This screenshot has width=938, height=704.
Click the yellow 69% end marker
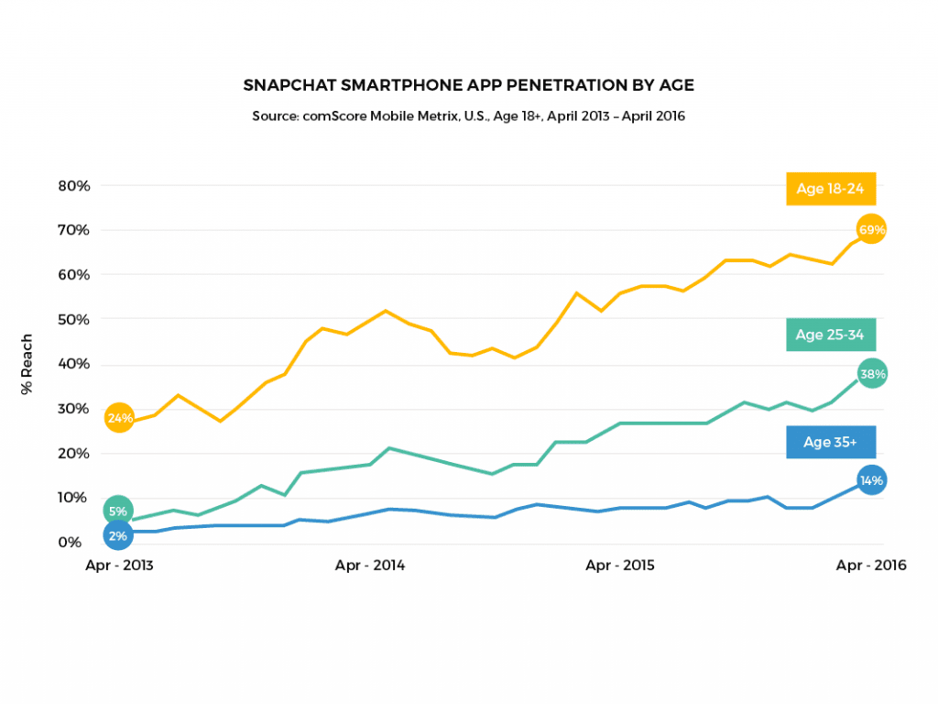[871, 229]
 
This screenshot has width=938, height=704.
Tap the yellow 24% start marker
[119, 418]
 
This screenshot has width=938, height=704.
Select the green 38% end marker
[872, 373]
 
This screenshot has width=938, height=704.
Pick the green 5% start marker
[118, 511]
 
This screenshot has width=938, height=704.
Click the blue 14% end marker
[872, 480]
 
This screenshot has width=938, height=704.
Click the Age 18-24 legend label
[831, 189]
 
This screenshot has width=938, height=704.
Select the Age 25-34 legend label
[831, 335]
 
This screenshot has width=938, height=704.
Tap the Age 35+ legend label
[831, 442]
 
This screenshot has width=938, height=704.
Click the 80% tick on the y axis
[73, 185]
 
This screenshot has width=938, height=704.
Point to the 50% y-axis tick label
[73, 319]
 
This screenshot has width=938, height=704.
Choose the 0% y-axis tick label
[77, 542]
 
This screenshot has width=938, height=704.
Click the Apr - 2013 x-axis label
[119, 566]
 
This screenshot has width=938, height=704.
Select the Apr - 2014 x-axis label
[369, 566]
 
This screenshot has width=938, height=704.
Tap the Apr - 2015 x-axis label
[620, 566]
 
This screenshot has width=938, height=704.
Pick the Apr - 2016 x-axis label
[871, 566]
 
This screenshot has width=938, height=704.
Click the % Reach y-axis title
[27, 364]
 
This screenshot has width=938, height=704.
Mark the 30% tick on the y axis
[73, 408]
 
